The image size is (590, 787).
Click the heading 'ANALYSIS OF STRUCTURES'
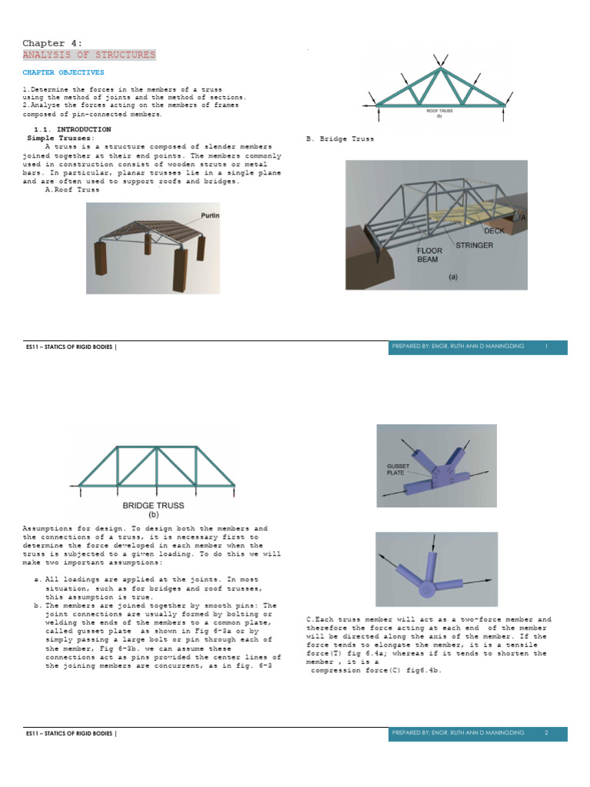[88, 55]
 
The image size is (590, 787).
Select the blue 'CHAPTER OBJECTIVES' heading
[63, 72]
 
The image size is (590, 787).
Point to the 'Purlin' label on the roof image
[210, 216]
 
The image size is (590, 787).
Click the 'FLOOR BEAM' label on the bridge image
[428, 255]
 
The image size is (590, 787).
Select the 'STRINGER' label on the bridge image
[475, 246]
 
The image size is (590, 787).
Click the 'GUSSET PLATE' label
[399, 470]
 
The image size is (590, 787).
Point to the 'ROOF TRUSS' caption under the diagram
[439, 111]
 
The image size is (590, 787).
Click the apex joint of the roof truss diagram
[440, 69]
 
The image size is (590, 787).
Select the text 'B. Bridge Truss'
[340, 139]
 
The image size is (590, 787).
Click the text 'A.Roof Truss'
[72, 190]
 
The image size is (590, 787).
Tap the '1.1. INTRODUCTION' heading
[72, 129]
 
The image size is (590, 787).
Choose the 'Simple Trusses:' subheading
[58, 138]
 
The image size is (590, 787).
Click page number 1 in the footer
[545, 347]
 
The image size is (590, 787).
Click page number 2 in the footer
[545, 733]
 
